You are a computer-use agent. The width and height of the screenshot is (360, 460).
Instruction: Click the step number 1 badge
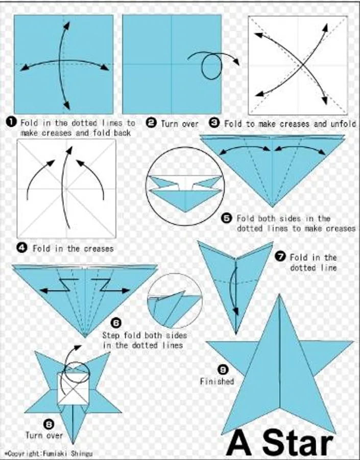coord(11,122)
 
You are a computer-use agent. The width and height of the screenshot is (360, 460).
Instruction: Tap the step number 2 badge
coord(151,122)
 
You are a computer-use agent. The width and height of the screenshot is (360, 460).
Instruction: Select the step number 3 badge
coord(214,122)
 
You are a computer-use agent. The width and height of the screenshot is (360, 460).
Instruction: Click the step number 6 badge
coord(116,323)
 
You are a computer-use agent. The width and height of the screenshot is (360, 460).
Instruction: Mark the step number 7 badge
coord(280,257)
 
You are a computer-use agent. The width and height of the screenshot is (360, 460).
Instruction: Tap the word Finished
coord(217,381)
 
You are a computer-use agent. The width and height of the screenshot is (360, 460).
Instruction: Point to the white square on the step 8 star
coord(73,388)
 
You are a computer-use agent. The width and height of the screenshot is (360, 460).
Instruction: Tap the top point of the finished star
coord(279,295)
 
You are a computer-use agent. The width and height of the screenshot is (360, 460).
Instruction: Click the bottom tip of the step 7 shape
coord(236,334)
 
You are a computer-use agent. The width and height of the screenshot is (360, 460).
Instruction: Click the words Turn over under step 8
coord(44,435)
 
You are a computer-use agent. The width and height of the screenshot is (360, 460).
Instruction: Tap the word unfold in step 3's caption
coord(343,124)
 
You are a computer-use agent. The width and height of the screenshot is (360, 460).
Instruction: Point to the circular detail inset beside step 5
coord(185,186)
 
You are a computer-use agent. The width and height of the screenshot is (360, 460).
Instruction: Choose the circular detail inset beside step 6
coord(175,301)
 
